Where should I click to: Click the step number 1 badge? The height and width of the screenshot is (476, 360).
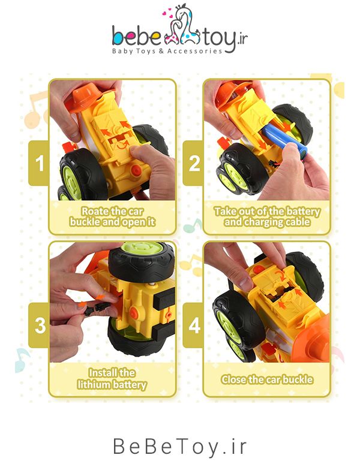click(39, 163)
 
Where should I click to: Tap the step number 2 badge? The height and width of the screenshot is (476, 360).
click(193, 163)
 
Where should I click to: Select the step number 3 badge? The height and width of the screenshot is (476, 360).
click(39, 325)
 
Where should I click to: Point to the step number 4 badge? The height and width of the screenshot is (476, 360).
click(193, 325)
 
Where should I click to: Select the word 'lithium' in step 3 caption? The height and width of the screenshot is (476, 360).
click(93, 385)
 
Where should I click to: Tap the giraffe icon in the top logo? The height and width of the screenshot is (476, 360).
click(182, 28)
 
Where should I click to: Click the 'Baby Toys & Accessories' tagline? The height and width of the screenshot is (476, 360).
click(167, 51)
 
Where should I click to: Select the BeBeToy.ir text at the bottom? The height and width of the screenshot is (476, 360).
click(179, 447)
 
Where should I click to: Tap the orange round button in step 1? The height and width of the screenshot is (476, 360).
click(136, 170)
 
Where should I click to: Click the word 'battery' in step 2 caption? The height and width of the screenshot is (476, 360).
click(303, 212)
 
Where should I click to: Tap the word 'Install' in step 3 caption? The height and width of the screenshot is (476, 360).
click(100, 373)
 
